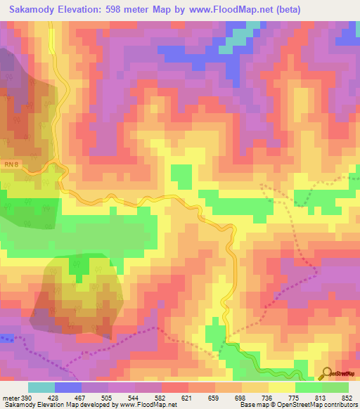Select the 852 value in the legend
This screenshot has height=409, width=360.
(345, 398)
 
